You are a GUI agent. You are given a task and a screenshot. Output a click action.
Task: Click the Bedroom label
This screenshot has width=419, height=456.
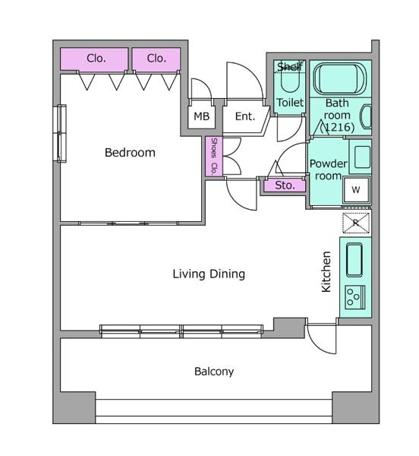[x=130, y=153]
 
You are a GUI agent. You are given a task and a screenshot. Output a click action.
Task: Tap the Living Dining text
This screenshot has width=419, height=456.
[x=209, y=274]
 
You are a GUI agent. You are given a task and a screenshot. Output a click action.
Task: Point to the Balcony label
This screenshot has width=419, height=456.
[x=214, y=372]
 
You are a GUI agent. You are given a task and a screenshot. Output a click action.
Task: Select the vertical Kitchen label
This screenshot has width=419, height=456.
[x=326, y=271]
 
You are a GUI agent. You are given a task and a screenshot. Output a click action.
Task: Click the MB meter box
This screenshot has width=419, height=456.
[x=201, y=117]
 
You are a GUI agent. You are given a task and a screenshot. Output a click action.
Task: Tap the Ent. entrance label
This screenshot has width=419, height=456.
[x=245, y=116]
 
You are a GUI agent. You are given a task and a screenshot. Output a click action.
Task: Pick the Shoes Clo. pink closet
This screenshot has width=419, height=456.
[x=214, y=156]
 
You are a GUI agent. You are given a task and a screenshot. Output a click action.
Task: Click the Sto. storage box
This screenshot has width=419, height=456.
[x=285, y=185]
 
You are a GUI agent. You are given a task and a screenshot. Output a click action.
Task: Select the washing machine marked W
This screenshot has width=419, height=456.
[x=356, y=189]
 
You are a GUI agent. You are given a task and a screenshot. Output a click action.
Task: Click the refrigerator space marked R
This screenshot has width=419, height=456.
[x=356, y=223]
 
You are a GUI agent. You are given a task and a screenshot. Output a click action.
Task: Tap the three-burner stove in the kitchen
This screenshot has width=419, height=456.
[x=355, y=297]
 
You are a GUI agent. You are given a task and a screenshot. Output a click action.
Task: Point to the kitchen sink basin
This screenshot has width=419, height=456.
[x=354, y=260]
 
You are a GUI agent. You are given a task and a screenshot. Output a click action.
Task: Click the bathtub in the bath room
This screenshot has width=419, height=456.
[x=340, y=78]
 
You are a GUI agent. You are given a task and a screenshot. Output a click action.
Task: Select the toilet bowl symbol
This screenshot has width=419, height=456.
[x=290, y=82]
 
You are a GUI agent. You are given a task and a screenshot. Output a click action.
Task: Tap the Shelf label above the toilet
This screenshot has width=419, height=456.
[x=289, y=67]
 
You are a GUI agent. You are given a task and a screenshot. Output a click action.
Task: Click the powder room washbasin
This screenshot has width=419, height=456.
[x=362, y=157]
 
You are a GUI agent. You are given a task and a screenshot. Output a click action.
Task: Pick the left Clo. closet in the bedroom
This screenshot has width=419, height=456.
[x=94, y=59]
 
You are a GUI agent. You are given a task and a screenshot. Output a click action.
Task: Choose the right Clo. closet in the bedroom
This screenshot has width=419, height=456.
[x=156, y=59]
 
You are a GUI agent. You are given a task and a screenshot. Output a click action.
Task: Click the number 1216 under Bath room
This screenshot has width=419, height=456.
[x=337, y=127]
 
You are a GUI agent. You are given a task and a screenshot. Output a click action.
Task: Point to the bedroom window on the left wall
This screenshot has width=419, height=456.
[x=61, y=133]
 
